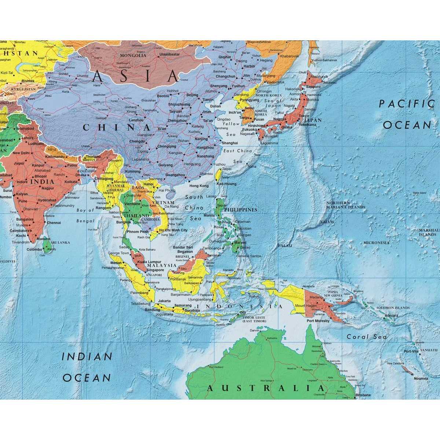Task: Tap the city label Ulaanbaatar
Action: click(169, 54)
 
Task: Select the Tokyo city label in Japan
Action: click(304, 116)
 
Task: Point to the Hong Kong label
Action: click(199, 186)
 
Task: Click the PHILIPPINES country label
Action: click(241, 210)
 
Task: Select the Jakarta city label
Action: click(164, 301)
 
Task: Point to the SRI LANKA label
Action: click(60, 242)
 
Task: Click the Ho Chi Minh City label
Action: click(173, 230)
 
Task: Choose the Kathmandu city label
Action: click(55, 157)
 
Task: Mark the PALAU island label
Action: click(285, 245)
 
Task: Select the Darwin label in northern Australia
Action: click(254, 330)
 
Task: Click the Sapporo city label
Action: click(313, 87)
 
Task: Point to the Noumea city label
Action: click(421, 378)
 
